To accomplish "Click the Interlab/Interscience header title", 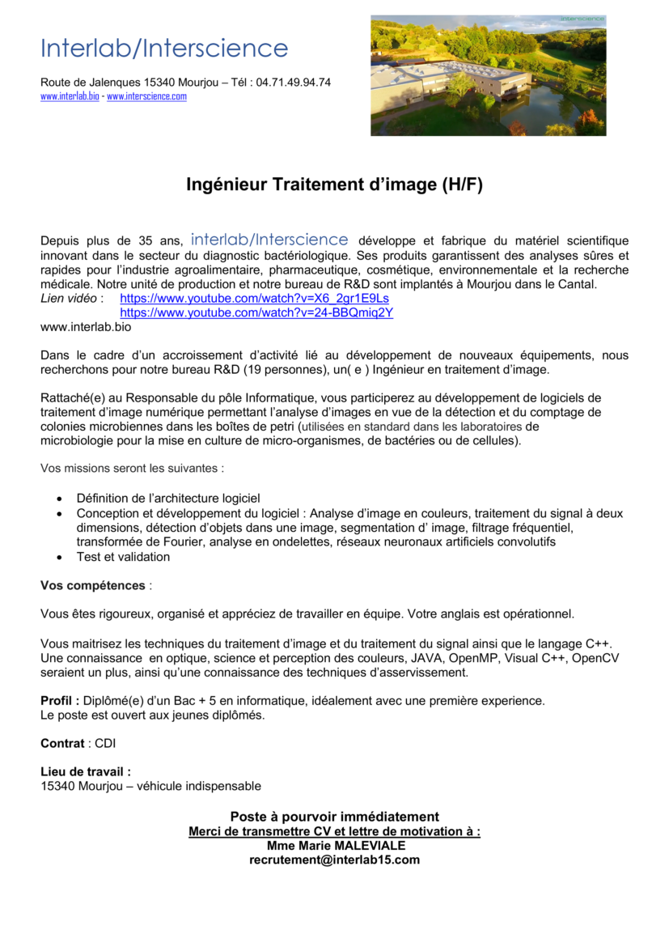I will tap(164, 49).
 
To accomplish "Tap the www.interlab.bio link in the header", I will tap(70, 96).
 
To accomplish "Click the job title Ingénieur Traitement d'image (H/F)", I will tap(334, 185).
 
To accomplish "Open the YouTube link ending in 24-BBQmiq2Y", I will tap(256, 312).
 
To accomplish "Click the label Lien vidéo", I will tap(68, 298).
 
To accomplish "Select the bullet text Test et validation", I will tap(123, 556).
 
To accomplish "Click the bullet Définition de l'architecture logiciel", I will tap(168, 498).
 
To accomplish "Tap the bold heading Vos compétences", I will tap(93, 584).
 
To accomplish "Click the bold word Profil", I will tap(58, 700).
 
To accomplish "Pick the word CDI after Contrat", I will tap(105, 743).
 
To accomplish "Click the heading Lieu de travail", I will tap(86, 771).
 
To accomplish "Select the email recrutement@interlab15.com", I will tap(334, 860).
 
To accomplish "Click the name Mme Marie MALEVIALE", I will tap(334, 845).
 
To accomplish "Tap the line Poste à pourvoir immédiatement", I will tap(334, 817).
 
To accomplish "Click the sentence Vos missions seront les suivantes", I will tap(132, 468).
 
